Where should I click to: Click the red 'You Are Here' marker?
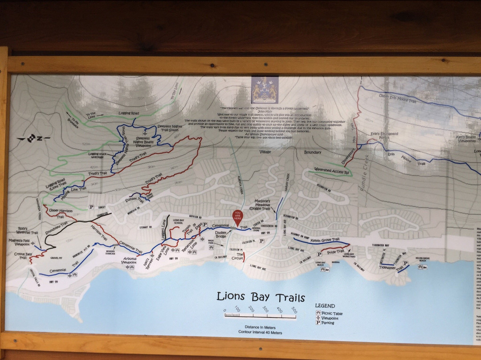tap(238, 216)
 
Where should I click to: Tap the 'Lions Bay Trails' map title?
tap(261, 297)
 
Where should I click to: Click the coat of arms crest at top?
tap(265, 90)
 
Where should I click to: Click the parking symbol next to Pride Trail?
tap(319, 254)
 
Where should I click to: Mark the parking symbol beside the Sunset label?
tap(91, 207)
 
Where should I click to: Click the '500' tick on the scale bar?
tap(293, 311)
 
